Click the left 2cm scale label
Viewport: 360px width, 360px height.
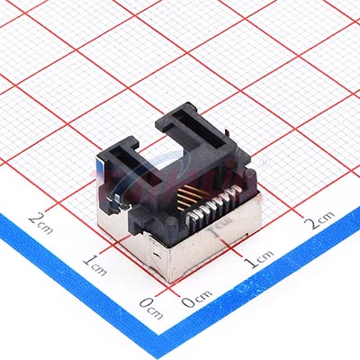pyautogui.click(x=40, y=223)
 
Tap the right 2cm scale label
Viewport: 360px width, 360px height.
pyautogui.click(x=319, y=220)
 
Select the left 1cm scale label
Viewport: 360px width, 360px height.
pyautogui.click(x=94, y=265)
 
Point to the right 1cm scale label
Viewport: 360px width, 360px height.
pyautogui.click(x=258, y=258)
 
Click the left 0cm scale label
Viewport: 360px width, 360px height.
pyautogui.click(x=151, y=308)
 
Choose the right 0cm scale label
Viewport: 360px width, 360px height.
pyautogui.click(x=197, y=299)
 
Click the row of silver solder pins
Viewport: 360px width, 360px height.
pyautogui.click(x=213, y=204)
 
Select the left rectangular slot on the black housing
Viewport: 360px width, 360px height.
pyautogui.click(x=136, y=166)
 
